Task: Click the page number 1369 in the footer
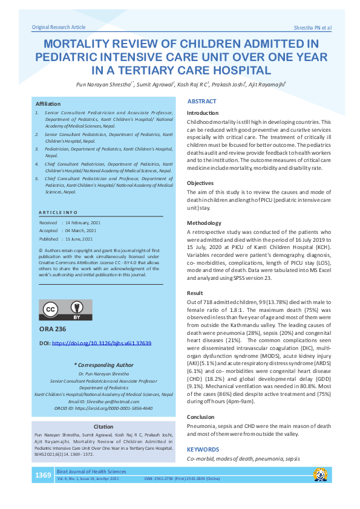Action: pyautogui.click(x=43, y=475)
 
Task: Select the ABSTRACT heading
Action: pyautogui.click(x=202, y=102)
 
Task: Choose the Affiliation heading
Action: pyautogui.click(x=48, y=104)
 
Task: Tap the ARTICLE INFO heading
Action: pyautogui.click(x=57, y=213)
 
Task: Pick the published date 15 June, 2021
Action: pyautogui.click(x=78, y=239)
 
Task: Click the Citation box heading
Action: pyautogui.click(x=103, y=427)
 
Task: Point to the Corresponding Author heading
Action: pyautogui.click(x=103, y=365)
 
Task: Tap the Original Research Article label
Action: pyautogui.click(x=58, y=27)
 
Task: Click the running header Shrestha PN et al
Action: pyautogui.click(x=312, y=28)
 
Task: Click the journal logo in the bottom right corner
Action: pyautogui.click(x=320, y=475)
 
